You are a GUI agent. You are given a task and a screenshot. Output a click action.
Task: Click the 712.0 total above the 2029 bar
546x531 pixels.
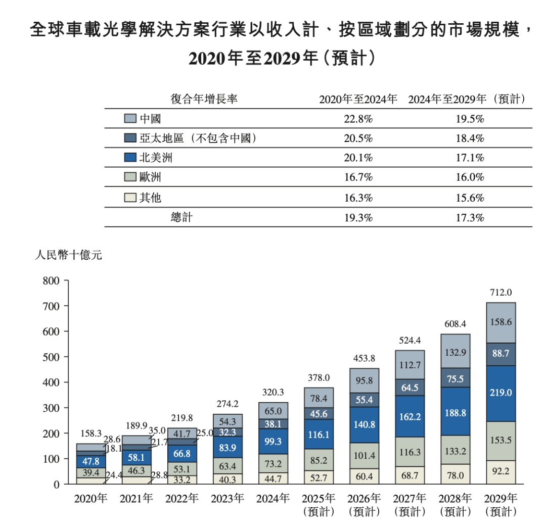pyautogui.click(x=500, y=293)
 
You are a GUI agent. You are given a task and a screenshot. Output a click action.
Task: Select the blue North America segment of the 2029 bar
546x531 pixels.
pyautogui.click(x=500, y=393)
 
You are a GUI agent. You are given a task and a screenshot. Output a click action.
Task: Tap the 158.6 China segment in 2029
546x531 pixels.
pyautogui.click(x=500, y=321)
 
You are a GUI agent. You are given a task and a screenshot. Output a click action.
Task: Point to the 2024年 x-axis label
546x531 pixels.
pyautogui.click(x=273, y=499)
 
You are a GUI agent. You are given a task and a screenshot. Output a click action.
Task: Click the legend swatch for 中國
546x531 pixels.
pyautogui.click(x=130, y=118)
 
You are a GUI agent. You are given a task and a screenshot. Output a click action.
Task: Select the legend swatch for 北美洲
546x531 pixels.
pyautogui.click(x=130, y=158)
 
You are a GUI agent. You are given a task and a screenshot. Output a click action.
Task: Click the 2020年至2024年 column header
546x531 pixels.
pyautogui.click(x=358, y=100)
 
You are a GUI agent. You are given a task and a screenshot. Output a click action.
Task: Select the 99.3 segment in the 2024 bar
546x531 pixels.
pyautogui.click(x=273, y=442)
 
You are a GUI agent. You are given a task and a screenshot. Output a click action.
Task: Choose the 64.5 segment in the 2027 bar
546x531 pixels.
pyautogui.click(x=409, y=388)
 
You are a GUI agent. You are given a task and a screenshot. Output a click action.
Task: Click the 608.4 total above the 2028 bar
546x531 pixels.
pyautogui.click(x=455, y=323)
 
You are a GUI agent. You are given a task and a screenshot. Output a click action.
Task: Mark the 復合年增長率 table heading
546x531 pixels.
pyautogui.click(x=204, y=100)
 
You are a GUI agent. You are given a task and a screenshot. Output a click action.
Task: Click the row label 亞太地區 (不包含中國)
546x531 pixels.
pyautogui.click(x=195, y=138)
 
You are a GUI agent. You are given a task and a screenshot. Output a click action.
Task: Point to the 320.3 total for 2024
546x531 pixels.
pyautogui.click(x=273, y=392)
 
